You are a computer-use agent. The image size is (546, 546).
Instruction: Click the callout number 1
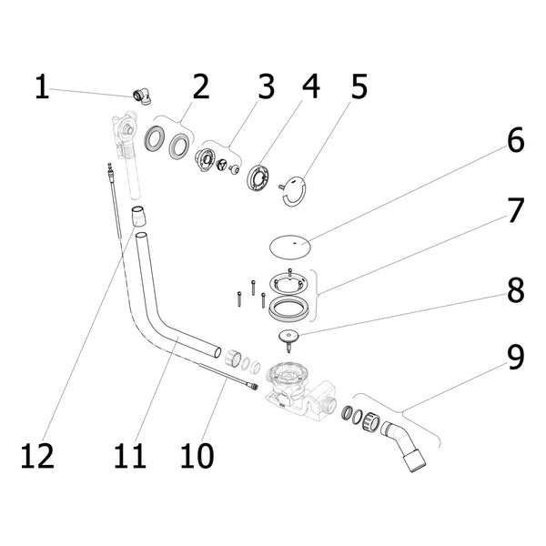(x=42, y=87)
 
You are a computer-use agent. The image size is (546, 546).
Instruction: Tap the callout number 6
(x=515, y=140)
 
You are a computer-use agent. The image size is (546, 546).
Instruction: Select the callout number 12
(x=37, y=456)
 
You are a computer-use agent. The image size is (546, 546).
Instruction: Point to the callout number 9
(x=515, y=357)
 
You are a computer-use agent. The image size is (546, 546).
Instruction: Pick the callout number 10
(x=197, y=456)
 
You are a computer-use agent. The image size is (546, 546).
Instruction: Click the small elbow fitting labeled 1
(x=142, y=96)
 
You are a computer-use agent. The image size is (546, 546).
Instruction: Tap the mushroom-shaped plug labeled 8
(x=288, y=340)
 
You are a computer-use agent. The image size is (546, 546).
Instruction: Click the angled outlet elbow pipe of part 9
(x=404, y=447)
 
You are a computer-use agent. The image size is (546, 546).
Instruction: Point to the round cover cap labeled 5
(x=293, y=191)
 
